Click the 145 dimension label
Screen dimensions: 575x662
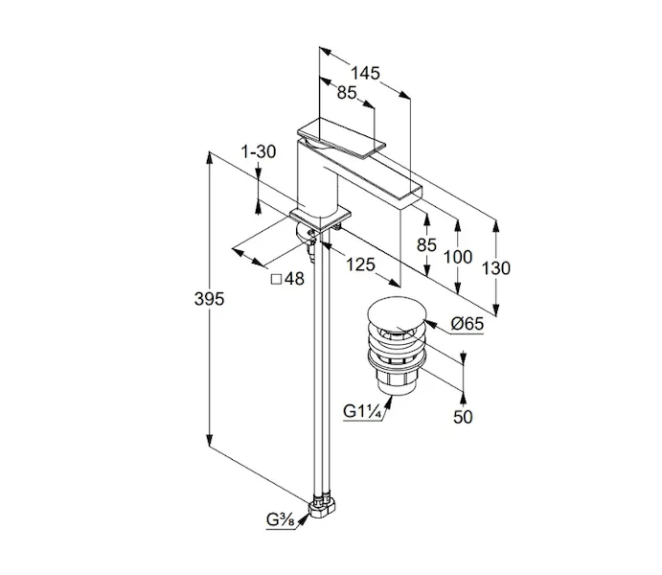tap(365, 73)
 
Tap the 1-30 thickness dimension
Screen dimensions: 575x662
tap(259, 152)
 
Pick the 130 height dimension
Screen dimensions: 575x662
tap(495, 268)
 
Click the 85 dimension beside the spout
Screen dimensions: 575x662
tap(426, 245)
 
